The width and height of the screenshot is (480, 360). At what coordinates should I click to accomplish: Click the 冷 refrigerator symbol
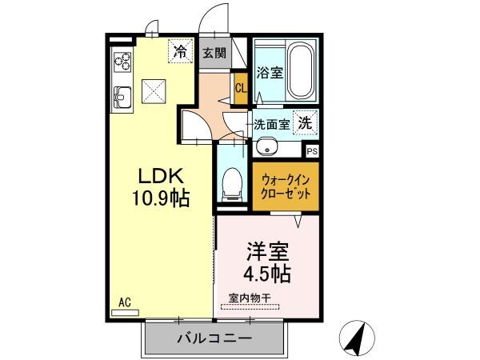point(182,53)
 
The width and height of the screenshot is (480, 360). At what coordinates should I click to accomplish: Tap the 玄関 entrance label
point(213,54)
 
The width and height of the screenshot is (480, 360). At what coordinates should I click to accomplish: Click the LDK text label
point(164,177)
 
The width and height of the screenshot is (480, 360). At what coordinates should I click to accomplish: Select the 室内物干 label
point(249,298)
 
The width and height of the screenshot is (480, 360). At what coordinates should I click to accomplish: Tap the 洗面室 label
point(271,125)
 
